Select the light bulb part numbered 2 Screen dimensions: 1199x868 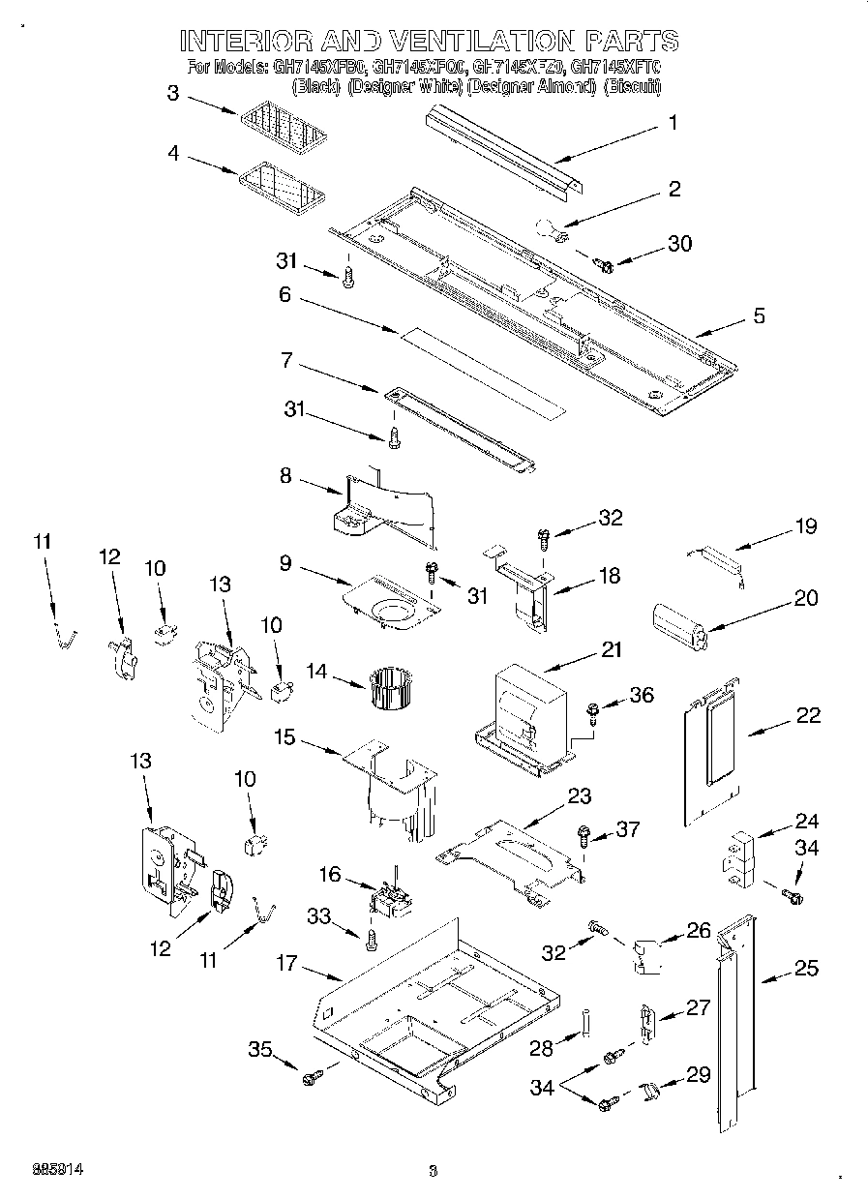click(553, 230)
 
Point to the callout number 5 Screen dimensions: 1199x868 click(759, 315)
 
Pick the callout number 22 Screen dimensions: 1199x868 click(808, 715)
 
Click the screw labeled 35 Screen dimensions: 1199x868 click(312, 1076)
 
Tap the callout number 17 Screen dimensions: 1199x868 click(285, 964)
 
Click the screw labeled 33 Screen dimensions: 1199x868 click(372, 936)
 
